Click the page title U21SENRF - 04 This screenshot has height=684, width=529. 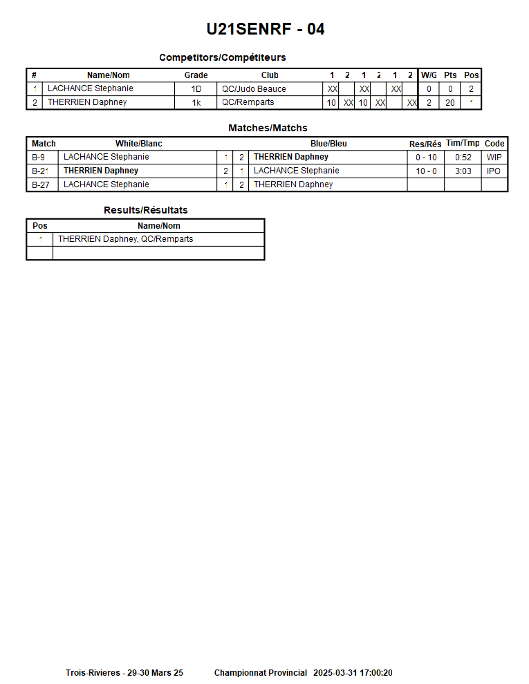point(266,29)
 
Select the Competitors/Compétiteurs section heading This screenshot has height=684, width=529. point(222,57)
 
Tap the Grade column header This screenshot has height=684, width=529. point(196,75)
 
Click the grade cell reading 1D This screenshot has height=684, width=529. point(196,89)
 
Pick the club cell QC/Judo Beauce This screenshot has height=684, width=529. point(254,89)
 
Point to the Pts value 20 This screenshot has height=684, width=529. point(450,103)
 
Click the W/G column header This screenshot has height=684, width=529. point(429,75)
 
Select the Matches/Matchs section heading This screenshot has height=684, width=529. point(268,128)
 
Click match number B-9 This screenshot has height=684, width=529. point(39,158)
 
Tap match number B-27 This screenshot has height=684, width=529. point(41,184)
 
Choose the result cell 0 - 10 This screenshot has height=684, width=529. point(426,158)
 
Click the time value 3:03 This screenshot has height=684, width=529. point(463,171)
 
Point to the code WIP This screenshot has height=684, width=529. point(494,158)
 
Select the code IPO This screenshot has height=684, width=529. point(494,171)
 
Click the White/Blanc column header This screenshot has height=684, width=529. point(139,144)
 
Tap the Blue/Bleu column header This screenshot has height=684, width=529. point(328,144)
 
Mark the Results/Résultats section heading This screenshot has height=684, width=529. point(146,210)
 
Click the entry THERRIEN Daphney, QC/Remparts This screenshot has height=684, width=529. point(126,239)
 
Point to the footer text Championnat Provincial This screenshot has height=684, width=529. point(261,673)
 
